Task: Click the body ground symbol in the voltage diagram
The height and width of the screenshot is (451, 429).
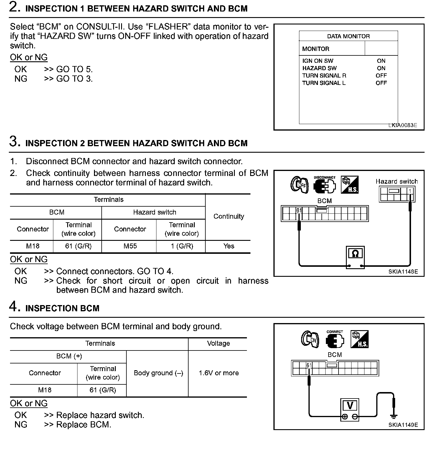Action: click(x=393, y=416)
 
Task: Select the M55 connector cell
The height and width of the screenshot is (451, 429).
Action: click(x=130, y=246)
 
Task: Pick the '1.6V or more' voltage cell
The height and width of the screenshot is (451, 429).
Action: click(x=219, y=373)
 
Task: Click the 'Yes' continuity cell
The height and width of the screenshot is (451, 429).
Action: click(x=229, y=246)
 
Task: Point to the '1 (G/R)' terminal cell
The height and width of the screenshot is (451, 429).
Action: click(x=182, y=246)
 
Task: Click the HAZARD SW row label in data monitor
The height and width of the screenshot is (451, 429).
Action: click(x=319, y=68)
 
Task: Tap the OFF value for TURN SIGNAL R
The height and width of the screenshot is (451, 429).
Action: click(x=381, y=75)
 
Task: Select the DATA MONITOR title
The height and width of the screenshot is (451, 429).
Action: click(x=348, y=36)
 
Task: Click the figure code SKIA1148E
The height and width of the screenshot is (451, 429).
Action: click(x=403, y=271)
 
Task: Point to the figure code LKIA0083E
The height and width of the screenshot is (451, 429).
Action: click(x=402, y=125)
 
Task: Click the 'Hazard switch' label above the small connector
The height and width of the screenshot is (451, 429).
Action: click(x=397, y=181)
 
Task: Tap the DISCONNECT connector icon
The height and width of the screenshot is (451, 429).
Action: click(x=324, y=185)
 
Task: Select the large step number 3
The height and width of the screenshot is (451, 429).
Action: click(x=14, y=141)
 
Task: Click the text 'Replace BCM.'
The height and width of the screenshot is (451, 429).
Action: click(x=84, y=425)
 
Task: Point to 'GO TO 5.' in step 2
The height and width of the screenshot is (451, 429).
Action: click(x=74, y=69)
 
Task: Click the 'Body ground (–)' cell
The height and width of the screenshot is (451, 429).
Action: click(x=159, y=373)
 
